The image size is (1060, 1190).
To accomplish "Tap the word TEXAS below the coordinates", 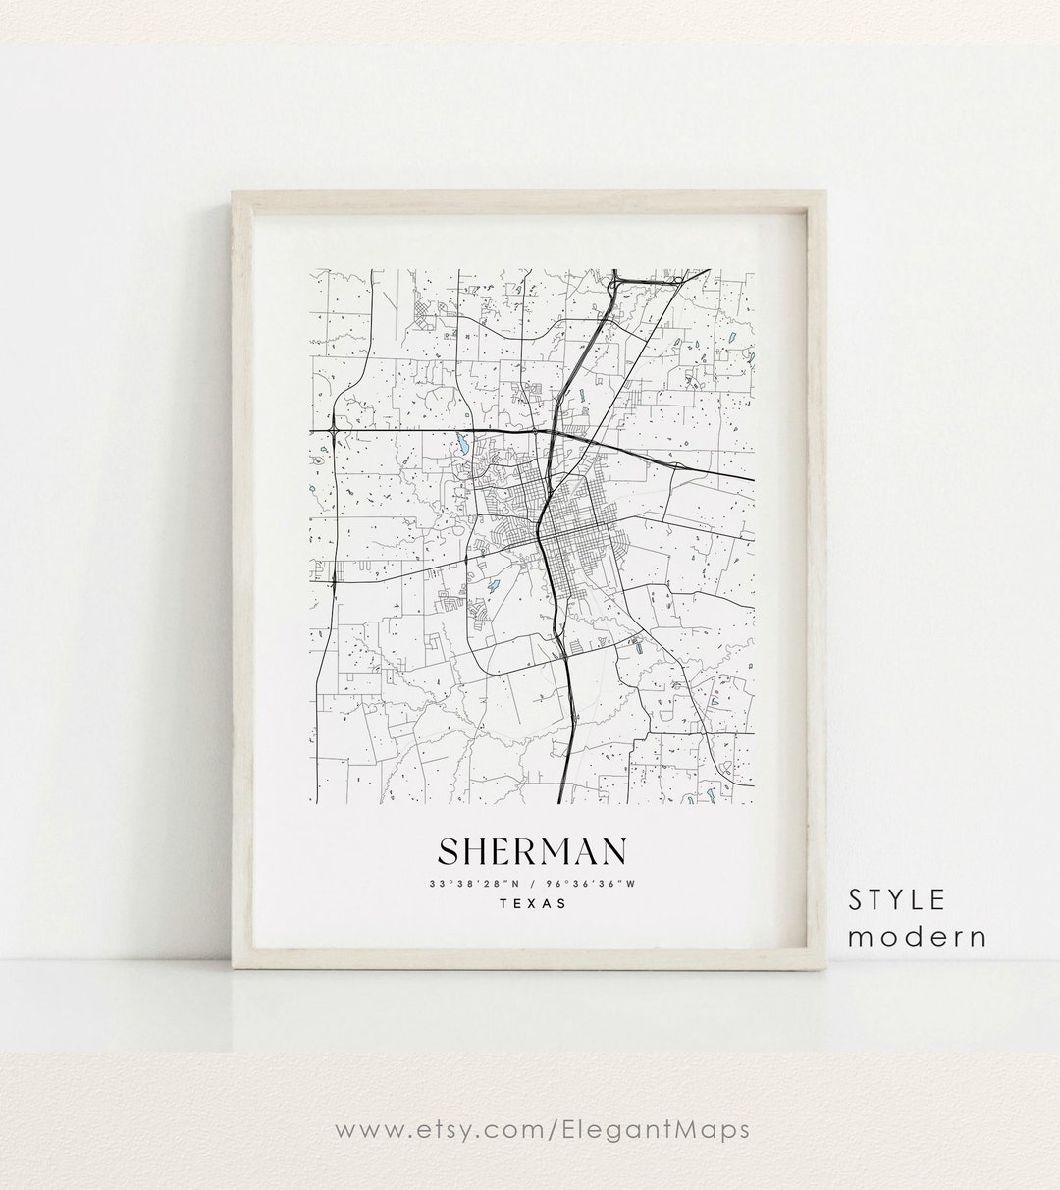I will point(532,904).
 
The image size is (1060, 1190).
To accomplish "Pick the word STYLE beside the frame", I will point(898,898).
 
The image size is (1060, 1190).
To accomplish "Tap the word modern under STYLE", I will point(917,936).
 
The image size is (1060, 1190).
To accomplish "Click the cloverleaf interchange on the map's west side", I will point(335,430).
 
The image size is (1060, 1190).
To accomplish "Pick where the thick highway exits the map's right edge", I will point(752,479).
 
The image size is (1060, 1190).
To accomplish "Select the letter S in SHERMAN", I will point(448,852).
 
